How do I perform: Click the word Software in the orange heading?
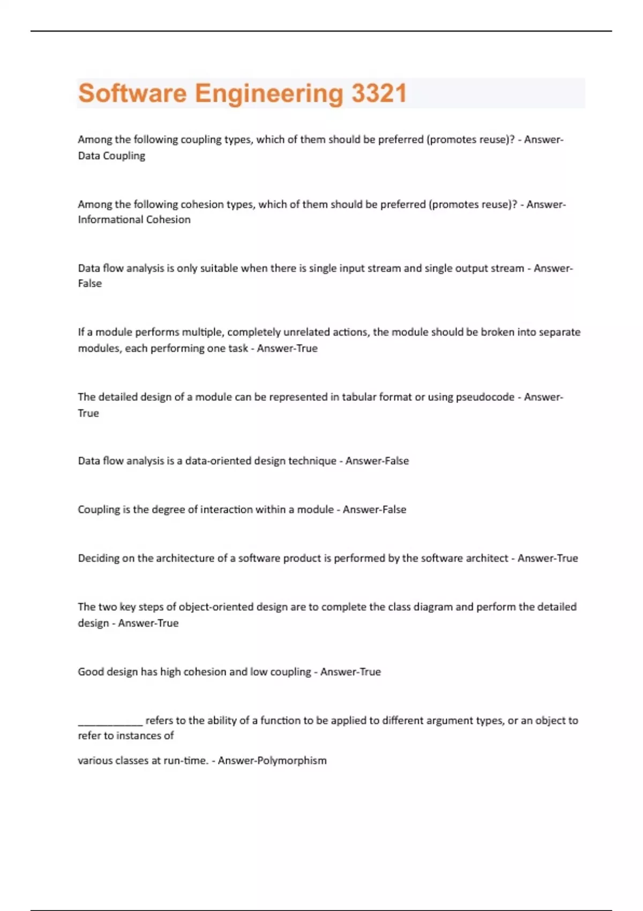click(x=132, y=93)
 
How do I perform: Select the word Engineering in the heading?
click(x=268, y=93)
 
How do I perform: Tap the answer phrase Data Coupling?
click(x=111, y=155)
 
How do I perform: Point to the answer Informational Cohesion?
click(x=134, y=220)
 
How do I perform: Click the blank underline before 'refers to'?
click(x=110, y=721)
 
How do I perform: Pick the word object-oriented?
click(x=216, y=607)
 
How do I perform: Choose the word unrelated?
click(x=306, y=332)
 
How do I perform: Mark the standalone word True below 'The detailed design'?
click(x=88, y=413)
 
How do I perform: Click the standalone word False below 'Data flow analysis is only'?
click(x=89, y=283)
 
